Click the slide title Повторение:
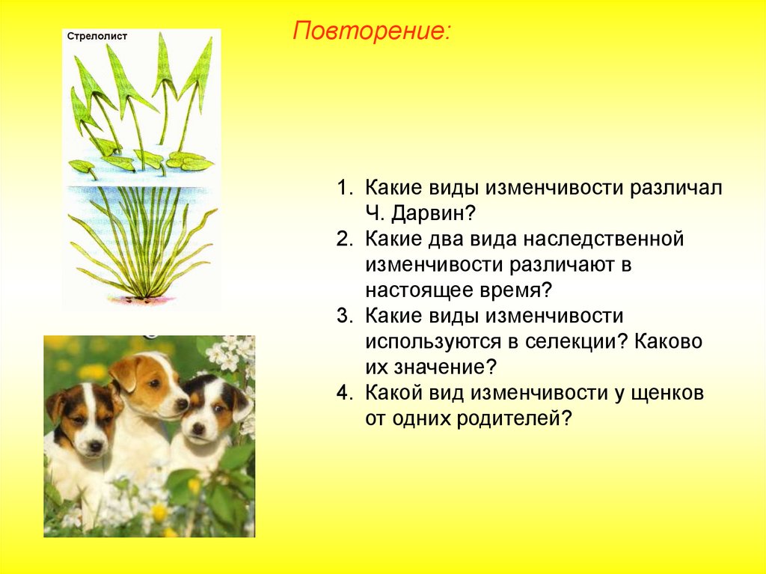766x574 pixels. (x=371, y=31)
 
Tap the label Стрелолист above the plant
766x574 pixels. (x=96, y=36)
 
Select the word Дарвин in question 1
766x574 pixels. (x=433, y=213)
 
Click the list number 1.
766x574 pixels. (x=344, y=188)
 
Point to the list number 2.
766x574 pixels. (x=344, y=239)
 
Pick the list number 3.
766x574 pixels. (x=344, y=316)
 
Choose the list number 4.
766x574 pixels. (x=344, y=393)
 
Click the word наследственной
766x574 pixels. (x=604, y=239)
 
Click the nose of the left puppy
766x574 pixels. (x=95, y=446)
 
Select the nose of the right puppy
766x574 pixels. (x=198, y=429)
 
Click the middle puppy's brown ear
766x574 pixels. (x=126, y=373)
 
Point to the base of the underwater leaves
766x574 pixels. (x=144, y=296)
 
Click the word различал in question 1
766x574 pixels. (x=675, y=189)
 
